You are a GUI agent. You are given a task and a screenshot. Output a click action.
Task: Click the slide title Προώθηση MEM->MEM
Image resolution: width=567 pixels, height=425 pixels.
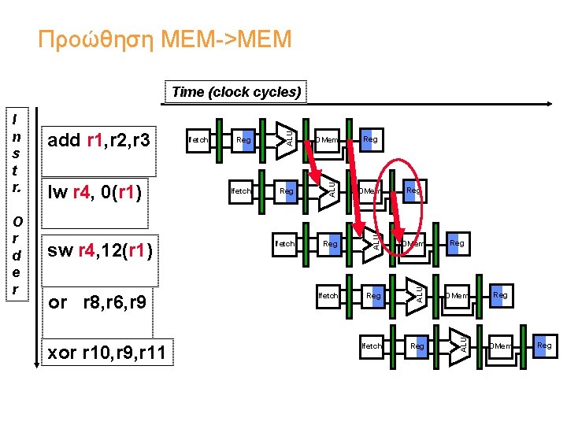[165, 38]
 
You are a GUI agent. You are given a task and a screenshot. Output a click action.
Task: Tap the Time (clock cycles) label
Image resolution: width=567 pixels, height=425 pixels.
[236, 92]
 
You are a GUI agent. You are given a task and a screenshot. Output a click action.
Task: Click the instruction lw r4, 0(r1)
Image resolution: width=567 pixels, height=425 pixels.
[95, 190]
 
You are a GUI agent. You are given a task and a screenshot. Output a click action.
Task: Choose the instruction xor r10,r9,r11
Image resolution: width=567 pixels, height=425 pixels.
[107, 353]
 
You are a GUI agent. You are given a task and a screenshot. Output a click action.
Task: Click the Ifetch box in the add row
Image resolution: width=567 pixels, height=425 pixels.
[198, 140]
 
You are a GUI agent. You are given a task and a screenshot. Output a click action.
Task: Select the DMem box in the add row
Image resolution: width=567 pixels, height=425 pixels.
[326, 140]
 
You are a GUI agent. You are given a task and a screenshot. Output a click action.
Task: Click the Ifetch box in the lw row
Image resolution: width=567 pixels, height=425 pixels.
[240, 190]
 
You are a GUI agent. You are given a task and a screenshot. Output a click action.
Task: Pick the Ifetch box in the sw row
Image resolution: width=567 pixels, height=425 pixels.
[284, 243]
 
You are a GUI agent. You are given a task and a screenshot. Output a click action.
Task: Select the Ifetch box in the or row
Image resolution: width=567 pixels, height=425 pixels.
[328, 296]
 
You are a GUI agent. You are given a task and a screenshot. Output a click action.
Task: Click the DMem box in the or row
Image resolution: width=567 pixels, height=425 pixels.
[457, 296]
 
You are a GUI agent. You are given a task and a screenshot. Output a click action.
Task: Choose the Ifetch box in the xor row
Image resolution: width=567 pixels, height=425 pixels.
[371, 346]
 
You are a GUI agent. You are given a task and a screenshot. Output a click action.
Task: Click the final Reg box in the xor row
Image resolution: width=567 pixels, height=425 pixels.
[544, 346]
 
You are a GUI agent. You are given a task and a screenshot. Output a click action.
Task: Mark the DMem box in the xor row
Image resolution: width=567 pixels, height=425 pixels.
[501, 346]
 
